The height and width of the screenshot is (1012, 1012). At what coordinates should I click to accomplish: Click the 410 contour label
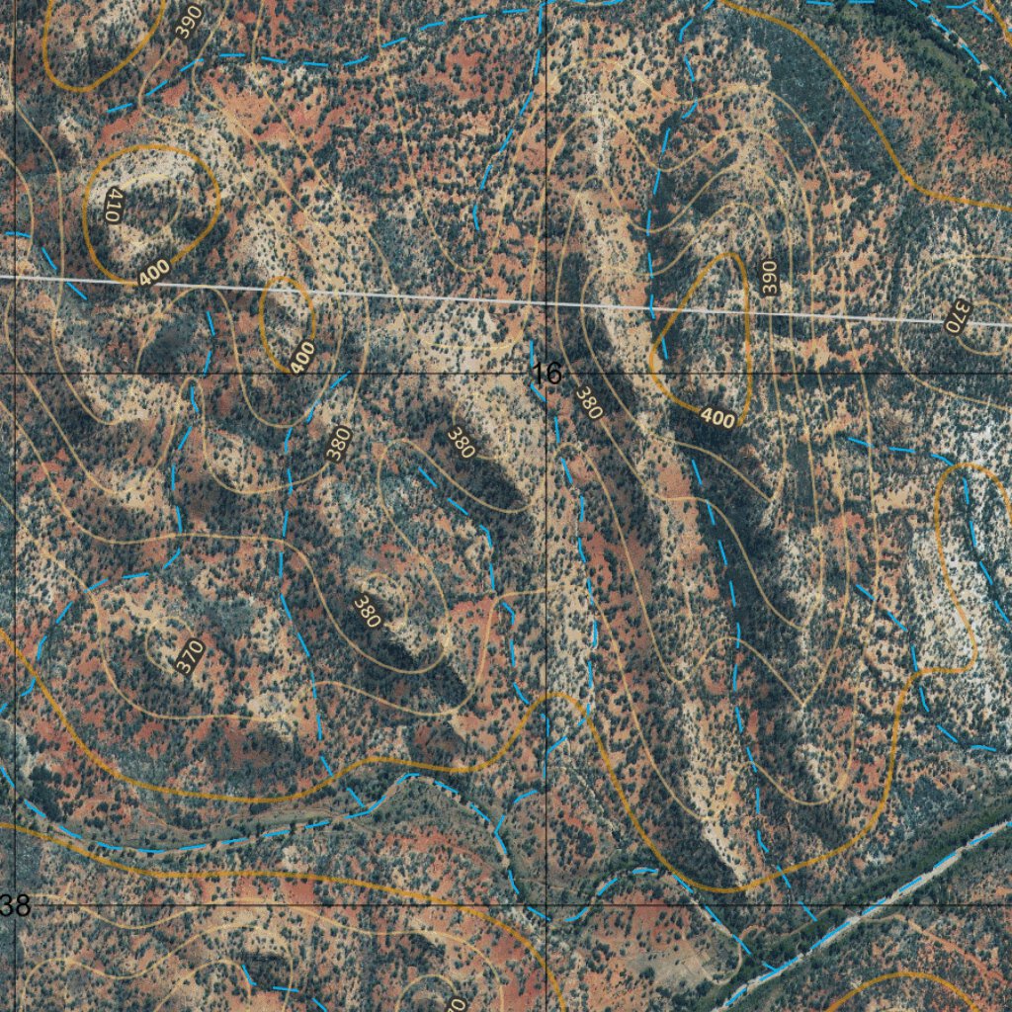click(x=112, y=206)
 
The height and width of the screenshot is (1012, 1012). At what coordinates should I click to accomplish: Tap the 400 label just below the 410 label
click(x=154, y=271)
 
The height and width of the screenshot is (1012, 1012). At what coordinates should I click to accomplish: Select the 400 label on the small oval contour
click(x=302, y=356)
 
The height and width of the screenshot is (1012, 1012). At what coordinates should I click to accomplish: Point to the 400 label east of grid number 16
click(x=717, y=418)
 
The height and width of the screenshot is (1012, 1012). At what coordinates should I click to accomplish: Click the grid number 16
click(x=547, y=374)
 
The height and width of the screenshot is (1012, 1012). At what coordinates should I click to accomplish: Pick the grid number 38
click(x=15, y=905)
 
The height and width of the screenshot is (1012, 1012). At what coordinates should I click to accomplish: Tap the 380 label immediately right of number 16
click(x=588, y=402)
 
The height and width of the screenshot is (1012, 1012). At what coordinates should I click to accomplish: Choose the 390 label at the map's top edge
click(x=189, y=20)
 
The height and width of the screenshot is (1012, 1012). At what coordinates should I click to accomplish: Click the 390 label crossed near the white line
click(x=770, y=276)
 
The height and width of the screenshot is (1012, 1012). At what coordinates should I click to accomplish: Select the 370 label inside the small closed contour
click(x=189, y=656)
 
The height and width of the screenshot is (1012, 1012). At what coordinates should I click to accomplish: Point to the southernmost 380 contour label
click(x=367, y=612)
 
